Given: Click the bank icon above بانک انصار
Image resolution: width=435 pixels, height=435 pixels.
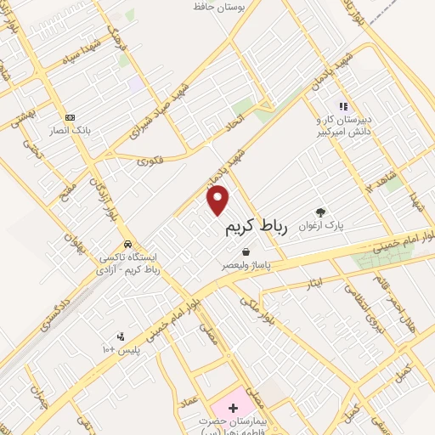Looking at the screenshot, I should coord(70,117).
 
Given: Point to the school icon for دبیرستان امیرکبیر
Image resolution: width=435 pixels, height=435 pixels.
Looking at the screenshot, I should coord(343,107).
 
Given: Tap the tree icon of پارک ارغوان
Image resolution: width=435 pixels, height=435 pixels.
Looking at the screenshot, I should coord(320,212).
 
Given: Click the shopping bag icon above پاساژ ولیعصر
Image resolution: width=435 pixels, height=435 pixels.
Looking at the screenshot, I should coord(246,252).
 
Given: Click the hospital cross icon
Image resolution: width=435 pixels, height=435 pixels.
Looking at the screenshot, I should coord(233,409).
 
